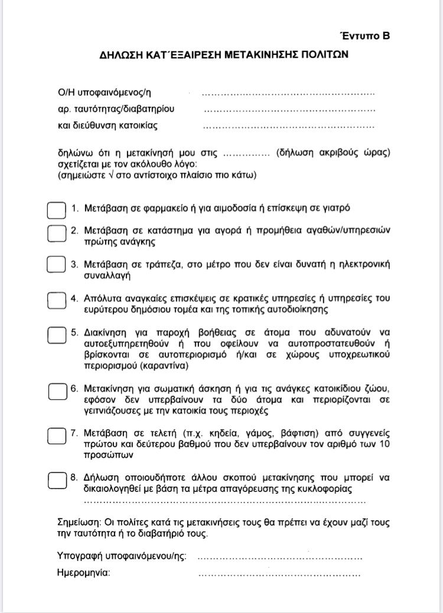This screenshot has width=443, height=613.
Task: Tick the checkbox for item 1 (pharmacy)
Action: point(56,210)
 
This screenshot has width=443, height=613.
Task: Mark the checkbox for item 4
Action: point(57,300)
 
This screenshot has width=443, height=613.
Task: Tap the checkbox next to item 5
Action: point(57,334)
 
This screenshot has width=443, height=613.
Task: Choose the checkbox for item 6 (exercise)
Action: point(57,391)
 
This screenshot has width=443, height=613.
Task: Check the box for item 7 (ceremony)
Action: point(57,436)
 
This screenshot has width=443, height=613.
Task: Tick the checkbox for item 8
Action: point(57,480)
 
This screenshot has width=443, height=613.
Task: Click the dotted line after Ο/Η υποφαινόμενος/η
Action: point(288,94)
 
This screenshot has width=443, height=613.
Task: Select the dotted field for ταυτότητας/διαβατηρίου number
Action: point(289,110)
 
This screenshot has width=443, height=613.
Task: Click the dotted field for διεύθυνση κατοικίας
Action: point(288,126)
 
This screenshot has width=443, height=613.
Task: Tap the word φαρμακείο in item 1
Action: point(152,208)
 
